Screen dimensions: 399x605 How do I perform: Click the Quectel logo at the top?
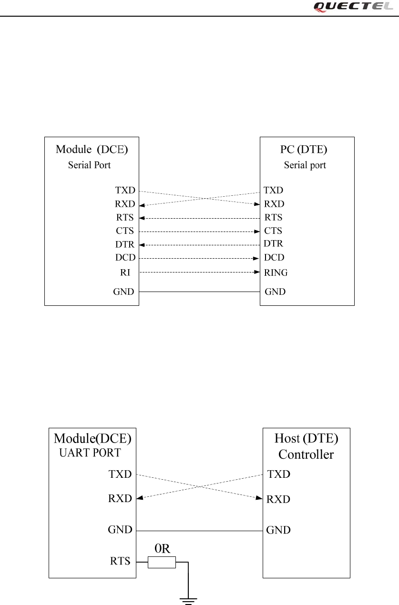tap(354, 6)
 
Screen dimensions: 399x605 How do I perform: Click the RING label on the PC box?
tap(276, 273)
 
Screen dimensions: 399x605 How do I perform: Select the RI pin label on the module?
tap(125, 272)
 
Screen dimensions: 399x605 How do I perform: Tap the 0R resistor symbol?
tap(162, 563)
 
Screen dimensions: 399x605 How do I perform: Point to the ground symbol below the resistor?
tap(189, 599)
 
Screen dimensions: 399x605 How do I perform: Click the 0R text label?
tap(162, 548)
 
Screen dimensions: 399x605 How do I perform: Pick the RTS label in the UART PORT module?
tap(121, 561)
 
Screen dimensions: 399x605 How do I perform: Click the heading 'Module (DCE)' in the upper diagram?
tap(92, 149)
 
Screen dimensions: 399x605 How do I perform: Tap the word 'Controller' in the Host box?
tap(306, 454)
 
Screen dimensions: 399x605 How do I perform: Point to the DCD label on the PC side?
tap(274, 258)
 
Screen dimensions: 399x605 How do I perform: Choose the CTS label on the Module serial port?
tap(125, 231)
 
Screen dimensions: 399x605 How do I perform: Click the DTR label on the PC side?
tap(274, 244)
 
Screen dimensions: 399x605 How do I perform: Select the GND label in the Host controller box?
tap(278, 530)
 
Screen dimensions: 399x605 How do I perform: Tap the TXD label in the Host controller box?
tap(279, 474)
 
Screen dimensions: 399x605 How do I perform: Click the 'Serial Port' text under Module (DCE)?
tap(90, 165)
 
